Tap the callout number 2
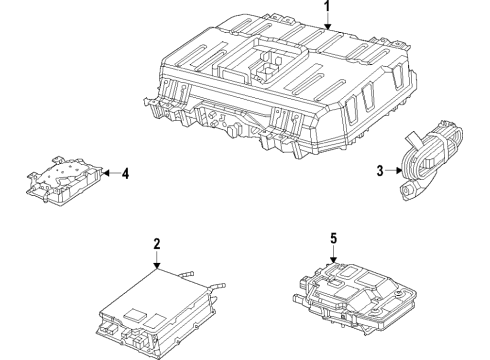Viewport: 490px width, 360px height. [x=157, y=243]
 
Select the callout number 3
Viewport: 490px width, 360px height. [x=379, y=171]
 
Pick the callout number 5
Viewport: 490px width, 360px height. [x=333, y=238]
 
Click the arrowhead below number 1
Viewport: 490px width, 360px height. [x=325, y=29]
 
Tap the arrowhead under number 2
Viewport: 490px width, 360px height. [x=157, y=267]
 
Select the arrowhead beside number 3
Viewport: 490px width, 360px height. [x=399, y=171]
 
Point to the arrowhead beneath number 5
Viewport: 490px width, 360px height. [x=333, y=261]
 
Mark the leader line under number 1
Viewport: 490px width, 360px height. [x=325, y=21]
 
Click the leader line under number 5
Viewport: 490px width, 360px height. [x=333, y=252]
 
